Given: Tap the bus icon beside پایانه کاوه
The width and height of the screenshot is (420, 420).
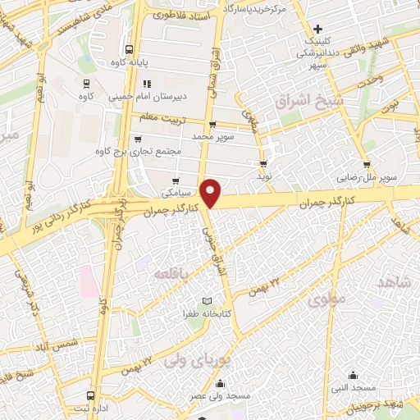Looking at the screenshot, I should [128, 50].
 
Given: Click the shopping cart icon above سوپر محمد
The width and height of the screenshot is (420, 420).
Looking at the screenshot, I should [212, 125].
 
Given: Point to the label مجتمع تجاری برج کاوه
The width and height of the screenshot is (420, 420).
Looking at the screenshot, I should [135, 150].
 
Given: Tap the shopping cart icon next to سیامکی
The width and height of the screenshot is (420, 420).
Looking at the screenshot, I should [176, 181].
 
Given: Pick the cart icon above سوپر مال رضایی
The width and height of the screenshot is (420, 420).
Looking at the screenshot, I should [366, 164].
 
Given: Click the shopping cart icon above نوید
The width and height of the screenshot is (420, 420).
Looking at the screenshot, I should [263, 162].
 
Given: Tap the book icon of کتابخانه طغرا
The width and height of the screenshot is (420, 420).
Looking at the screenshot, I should [206, 302].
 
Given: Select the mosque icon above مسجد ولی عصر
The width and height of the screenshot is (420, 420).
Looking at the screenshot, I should [219, 384].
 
